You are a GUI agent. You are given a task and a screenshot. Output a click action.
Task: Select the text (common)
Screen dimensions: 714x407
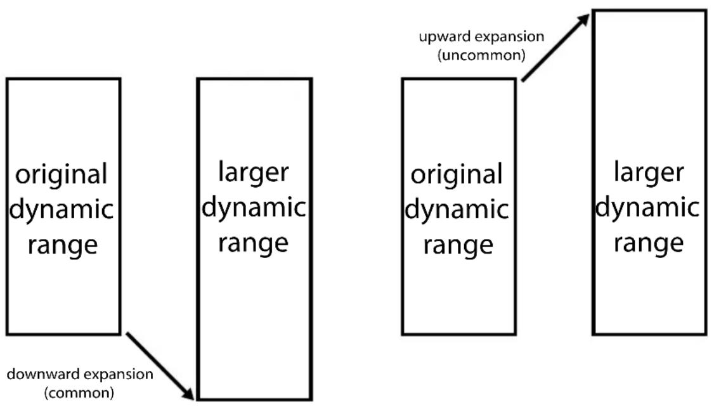click(x=79, y=392)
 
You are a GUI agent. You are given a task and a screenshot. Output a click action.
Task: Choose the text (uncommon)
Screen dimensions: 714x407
click(x=482, y=55)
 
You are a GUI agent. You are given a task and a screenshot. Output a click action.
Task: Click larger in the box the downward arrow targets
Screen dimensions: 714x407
click(x=254, y=172)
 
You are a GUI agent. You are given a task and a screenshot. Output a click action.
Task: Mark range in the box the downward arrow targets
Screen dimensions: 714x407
click(x=253, y=243)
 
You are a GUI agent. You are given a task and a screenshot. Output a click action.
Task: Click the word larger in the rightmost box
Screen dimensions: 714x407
click(x=649, y=172)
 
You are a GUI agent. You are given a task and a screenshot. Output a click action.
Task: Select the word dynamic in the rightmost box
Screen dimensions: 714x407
click(x=647, y=208)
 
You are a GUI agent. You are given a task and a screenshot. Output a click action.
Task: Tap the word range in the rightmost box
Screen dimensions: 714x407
click(x=649, y=243)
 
